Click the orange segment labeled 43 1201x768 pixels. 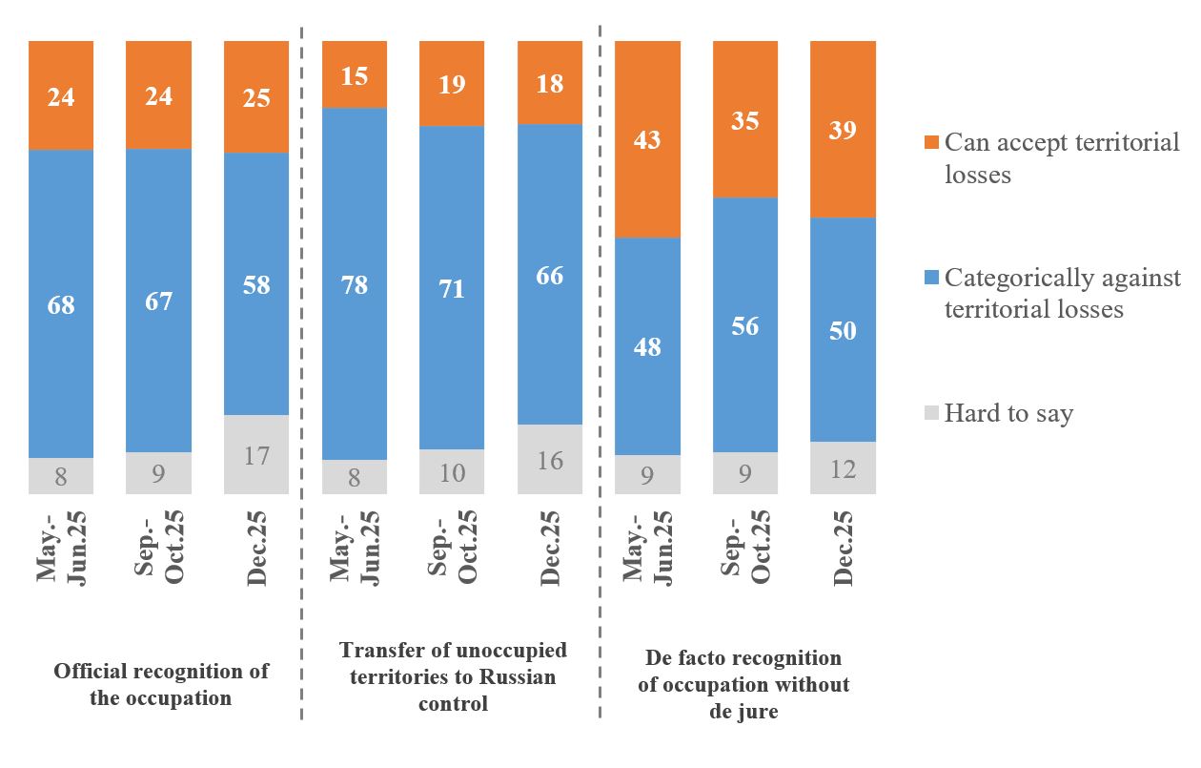pyautogui.click(x=647, y=139)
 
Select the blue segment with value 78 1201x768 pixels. pyautogui.click(x=354, y=284)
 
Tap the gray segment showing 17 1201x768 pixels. pyautogui.click(x=256, y=454)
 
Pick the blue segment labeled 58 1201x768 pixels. pyautogui.click(x=256, y=284)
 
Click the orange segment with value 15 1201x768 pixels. pyautogui.click(x=354, y=74)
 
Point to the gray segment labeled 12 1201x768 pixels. pyautogui.click(x=843, y=467)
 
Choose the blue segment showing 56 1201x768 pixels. pyautogui.click(x=745, y=325)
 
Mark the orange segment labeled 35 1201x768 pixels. pyautogui.click(x=745, y=119)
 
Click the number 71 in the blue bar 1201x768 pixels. pyautogui.click(x=452, y=288)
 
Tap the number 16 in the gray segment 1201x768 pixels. pyautogui.click(x=550, y=460)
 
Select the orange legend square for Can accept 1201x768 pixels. pyautogui.click(x=931, y=143)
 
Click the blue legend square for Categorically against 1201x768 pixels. pyautogui.click(x=931, y=278)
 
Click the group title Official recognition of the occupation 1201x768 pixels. pyautogui.click(x=161, y=684)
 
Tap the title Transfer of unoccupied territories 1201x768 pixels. pyautogui.click(x=453, y=676)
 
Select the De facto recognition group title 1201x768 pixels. pyautogui.click(x=743, y=684)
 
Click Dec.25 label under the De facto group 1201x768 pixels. pyautogui.click(x=843, y=549)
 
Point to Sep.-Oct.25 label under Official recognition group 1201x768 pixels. pyautogui.click(x=159, y=549)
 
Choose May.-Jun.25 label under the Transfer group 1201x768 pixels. pyautogui.click(x=354, y=549)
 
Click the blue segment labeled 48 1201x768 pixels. pyautogui.click(x=647, y=346)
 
